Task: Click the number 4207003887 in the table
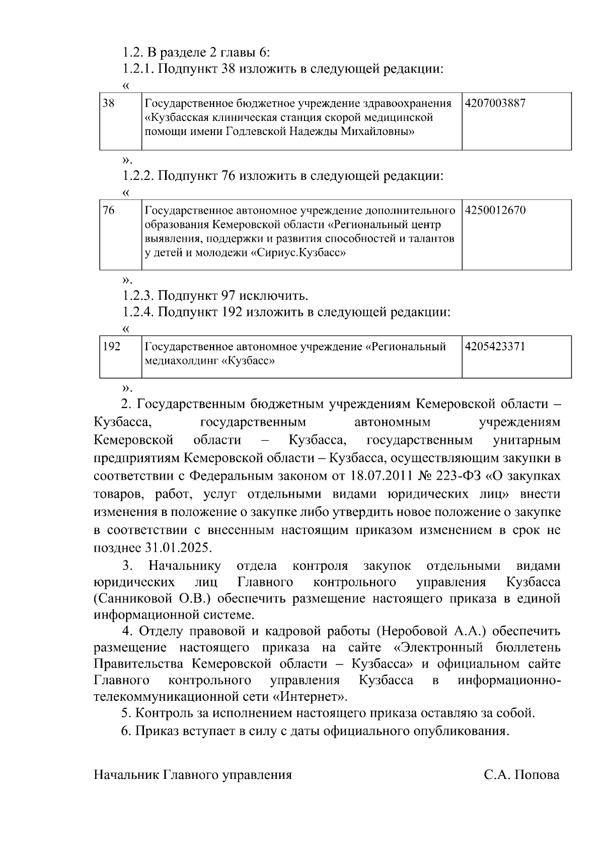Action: point(495,104)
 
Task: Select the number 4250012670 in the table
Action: point(495,211)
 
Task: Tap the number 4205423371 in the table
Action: point(495,347)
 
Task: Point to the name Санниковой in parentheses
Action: point(134,599)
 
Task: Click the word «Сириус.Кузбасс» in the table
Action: point(298,253)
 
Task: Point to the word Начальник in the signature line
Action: point(127,775)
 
